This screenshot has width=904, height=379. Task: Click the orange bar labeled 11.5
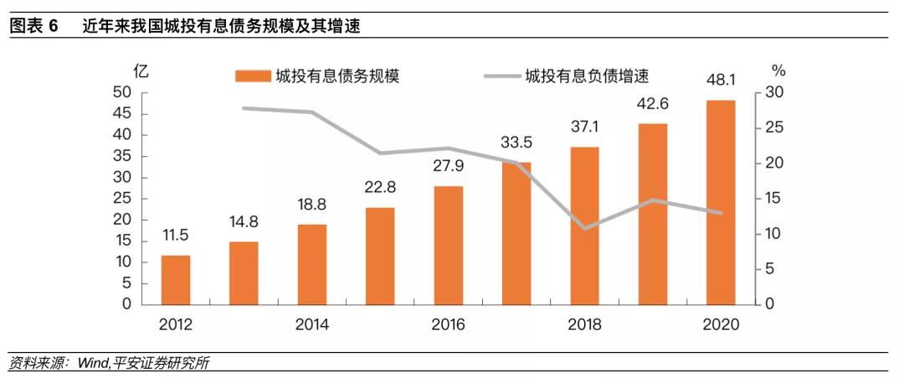click(x=176, y=280)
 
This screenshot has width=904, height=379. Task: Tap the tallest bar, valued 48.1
click(x=721, y=202)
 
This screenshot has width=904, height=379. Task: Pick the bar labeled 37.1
click(x=585, y=226)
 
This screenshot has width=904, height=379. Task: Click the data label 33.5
click(x=516, y=141)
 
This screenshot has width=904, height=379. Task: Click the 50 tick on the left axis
click(x=121, y=92)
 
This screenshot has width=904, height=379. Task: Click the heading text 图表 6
click(x=33, y=25)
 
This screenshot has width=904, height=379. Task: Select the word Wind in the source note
click(x=94, y=363)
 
